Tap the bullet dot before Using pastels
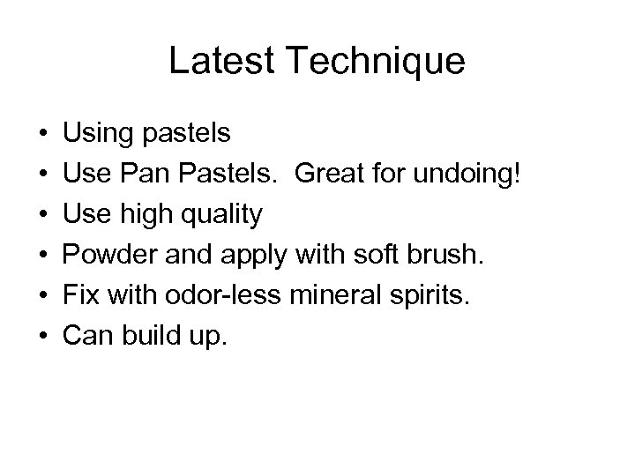[x=44, y=136]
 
